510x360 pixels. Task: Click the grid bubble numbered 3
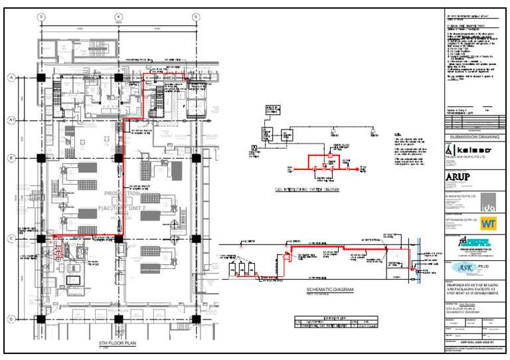(41, 17)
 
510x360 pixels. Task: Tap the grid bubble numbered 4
(118, 17)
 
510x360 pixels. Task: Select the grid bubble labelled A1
(11, 120)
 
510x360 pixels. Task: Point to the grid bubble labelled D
(11, 319)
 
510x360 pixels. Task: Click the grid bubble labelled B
(11, 158)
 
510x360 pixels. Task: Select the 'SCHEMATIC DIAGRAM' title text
(330, 290)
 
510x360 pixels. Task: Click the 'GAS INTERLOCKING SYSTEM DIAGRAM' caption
(307, 190)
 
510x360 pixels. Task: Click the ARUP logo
(459, 177)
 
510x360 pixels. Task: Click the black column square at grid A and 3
(41, 78)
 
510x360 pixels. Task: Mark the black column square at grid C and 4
(118, 238)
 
